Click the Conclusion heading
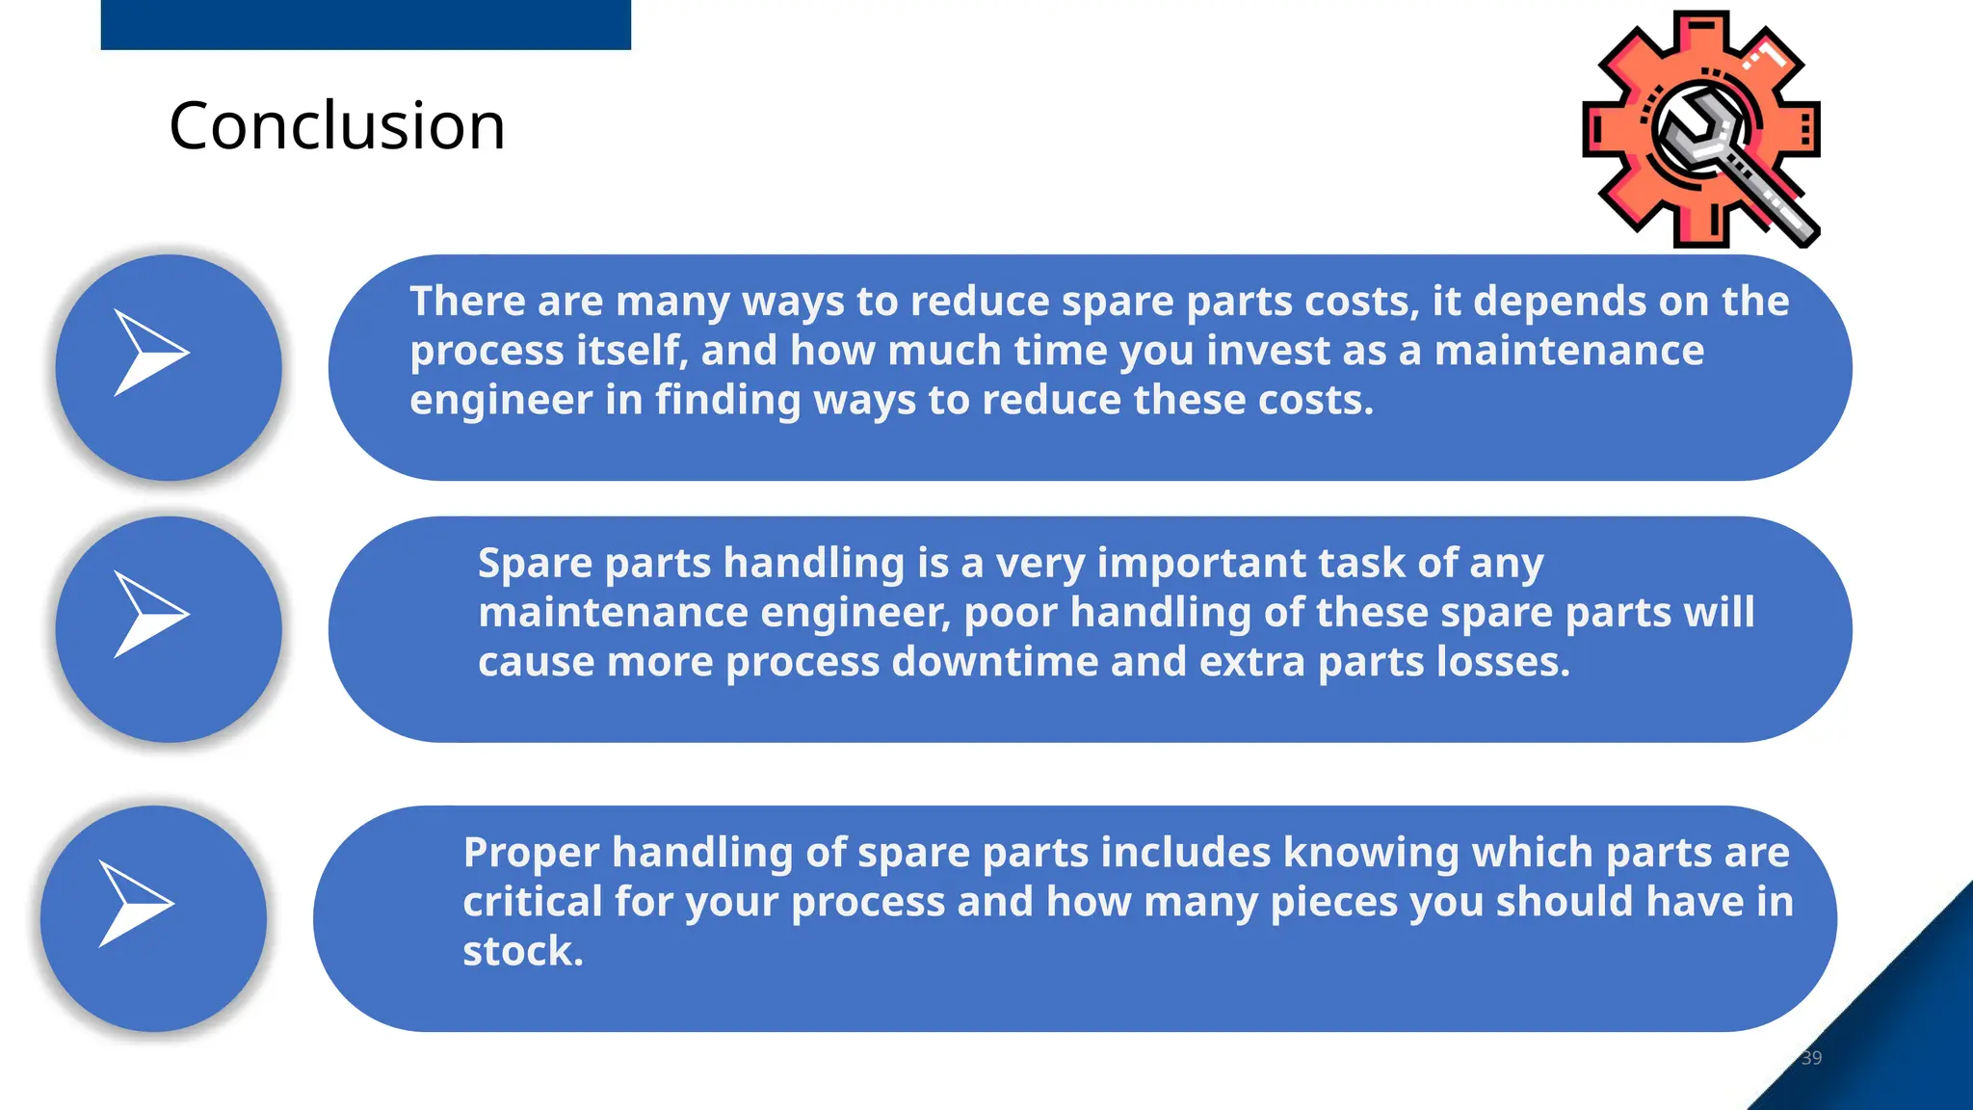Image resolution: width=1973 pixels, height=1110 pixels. [x=336, y=126]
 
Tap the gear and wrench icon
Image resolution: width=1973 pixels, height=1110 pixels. [x=1701, y=130]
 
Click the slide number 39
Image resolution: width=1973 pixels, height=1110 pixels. [x=1811, y=1058]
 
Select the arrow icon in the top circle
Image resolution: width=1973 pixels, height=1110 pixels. [x=150, y=353]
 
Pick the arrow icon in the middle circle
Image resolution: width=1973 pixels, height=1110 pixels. [x=150, y=615]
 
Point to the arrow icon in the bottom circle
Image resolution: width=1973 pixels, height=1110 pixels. [x=135, y=904]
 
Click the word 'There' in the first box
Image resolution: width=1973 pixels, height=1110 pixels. [x=468, y=302]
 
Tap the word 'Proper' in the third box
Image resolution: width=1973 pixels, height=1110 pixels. [x=531, y=853]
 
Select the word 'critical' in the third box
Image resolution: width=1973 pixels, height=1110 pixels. [x=532, y=902]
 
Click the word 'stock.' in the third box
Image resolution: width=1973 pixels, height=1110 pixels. [x=523, y=952]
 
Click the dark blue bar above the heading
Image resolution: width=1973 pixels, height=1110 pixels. [x=365, y=24]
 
